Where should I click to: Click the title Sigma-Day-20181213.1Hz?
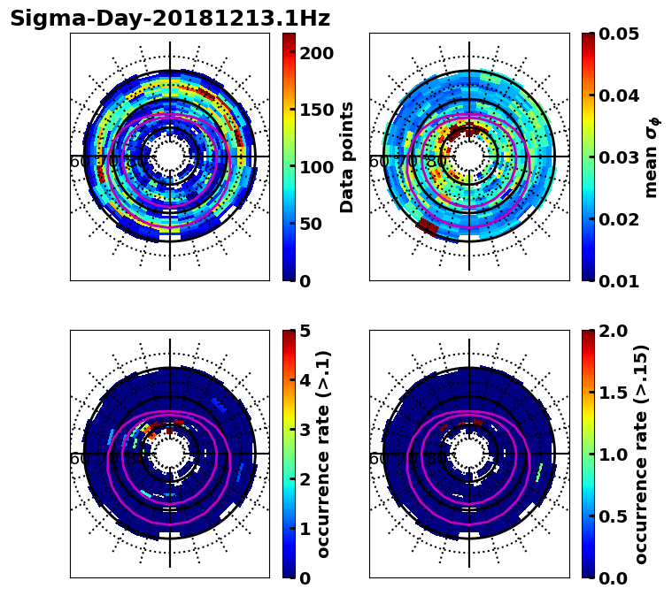[x=169, y=19]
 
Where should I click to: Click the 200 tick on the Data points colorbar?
[x=315, y=53]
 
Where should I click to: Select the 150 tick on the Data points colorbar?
[x=315, y=110]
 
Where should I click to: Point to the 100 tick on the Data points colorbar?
[x=315, y=167]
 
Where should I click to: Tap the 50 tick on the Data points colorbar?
[x=315, y=224]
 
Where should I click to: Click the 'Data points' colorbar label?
[x=348, y=157]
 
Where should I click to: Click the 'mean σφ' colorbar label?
[x=651, y=157]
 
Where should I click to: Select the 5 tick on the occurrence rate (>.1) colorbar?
[x=305, y=331]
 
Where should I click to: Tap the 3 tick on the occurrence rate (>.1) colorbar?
[x=305, y=430]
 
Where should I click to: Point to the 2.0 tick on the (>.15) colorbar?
[x=614, y=331]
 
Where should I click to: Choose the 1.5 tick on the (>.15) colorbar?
[x=614, y=393]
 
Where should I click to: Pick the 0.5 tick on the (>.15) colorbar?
[x=614, y=516]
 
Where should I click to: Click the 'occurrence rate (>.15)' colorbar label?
[x=641, y=454]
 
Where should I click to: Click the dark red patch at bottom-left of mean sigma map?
[x=427, y=228]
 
